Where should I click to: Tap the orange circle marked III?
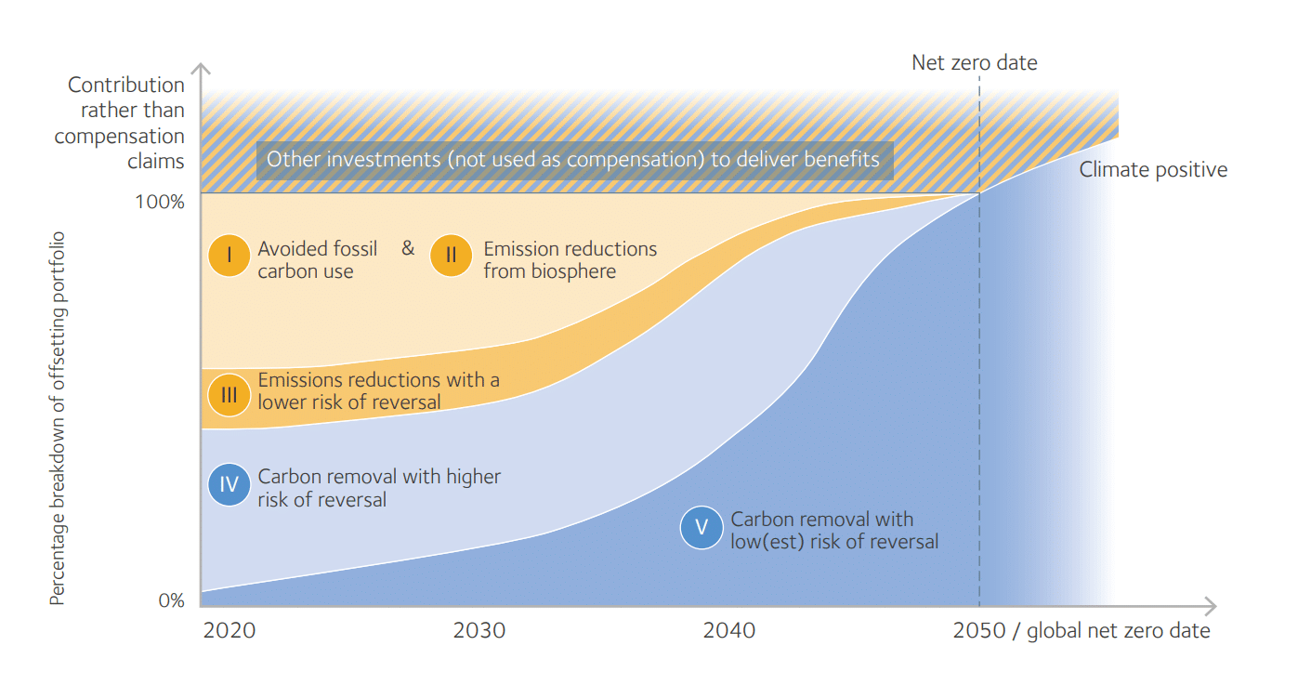(x=229, y=395)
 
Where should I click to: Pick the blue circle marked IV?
(x=229, y=484)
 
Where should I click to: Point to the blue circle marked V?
(x=701, y=528)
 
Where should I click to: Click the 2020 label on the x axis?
(x=229, y=631)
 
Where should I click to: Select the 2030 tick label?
(x=479, y=631)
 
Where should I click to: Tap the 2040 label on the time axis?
(x=729, y=631)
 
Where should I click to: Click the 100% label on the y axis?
(x=161, y=201)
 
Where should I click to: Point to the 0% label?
(x=171, y=600)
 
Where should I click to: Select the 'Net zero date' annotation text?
(x=974, y=63)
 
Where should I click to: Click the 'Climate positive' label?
(x=1153, y=170)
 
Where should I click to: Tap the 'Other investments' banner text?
(x=573, y=159)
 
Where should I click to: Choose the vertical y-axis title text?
(x=58, y=418)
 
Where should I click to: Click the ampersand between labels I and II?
(x=408, y=248)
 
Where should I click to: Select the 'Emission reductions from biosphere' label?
(x=570, y=260)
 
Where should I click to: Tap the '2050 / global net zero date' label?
(x=1082, y=631)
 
